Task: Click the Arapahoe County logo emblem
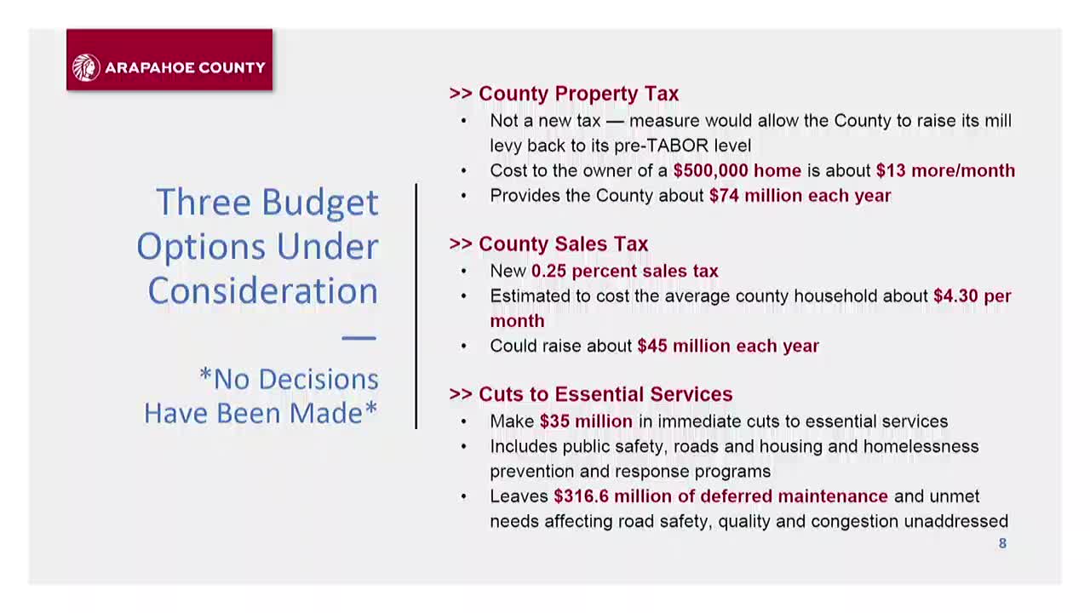86,67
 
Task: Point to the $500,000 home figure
737,171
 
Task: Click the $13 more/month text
945,171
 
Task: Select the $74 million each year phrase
800,196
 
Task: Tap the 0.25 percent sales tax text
624,272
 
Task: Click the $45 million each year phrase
727,347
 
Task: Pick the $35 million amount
586,421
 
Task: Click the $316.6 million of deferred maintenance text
720,496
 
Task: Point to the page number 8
1002,543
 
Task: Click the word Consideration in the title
262,291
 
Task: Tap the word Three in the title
203,203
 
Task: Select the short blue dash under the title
359,338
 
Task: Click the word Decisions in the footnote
296,379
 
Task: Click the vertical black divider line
416,306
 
